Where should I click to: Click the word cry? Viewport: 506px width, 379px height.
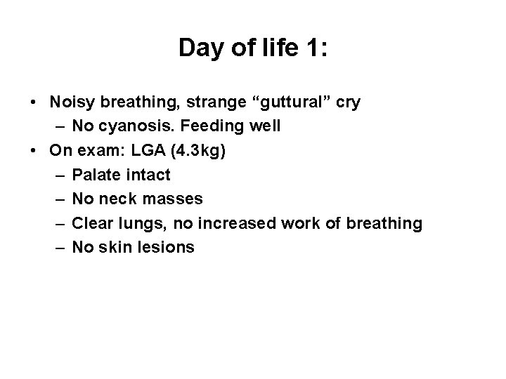(347, 102)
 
